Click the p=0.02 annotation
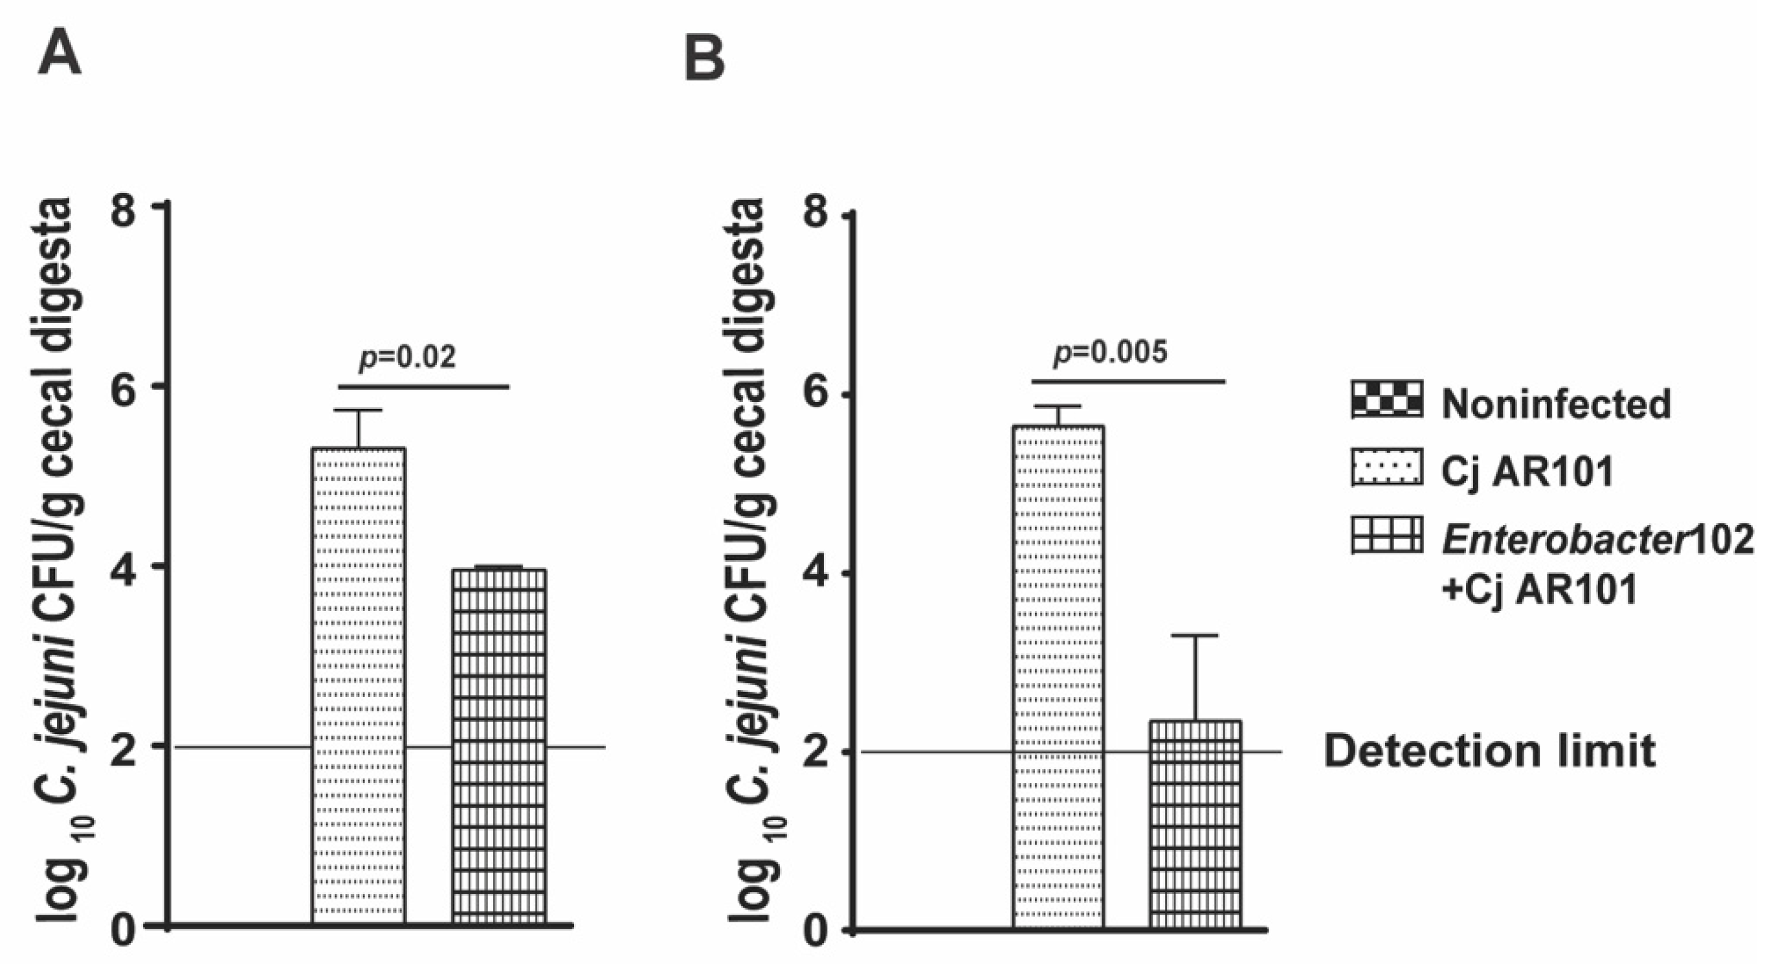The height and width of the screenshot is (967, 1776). [x=408, y=358]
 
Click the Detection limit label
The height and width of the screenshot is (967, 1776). [x=1489, y=751]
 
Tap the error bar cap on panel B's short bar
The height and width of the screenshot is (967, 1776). [x=1195, y=636]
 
